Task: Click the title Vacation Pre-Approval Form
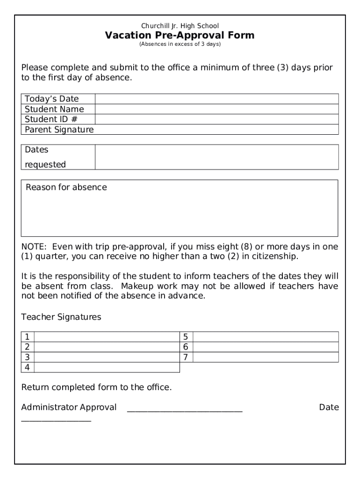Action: click(x=180, y=36)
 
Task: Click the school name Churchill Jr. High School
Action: click(x=180, y=26)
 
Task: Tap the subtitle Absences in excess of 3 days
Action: click(x=180, y=44)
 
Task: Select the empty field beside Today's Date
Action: click(x=216, y=99)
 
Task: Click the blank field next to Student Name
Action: click(x=216, y=109)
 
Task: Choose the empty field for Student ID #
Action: click(x=216, y=119)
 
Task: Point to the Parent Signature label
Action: click(x=59, y=130)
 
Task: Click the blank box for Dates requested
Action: click(x=216, y=157)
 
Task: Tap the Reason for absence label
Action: click(x=66, y=188)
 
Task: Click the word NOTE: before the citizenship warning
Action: click(x=34, y=247)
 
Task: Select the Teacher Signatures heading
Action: click(x=61, y=317)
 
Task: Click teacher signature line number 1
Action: click(x=107, y=337)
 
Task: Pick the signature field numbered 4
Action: click(x=107, y=368)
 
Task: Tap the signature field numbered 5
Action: click(x=266, y=337)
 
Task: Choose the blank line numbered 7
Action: click(x=266, y=357)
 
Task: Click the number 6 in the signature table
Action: click(x=186, y=347)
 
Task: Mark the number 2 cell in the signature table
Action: click(x=28, y=347)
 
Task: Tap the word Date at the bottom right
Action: click(x=329, y=407)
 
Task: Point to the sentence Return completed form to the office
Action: click(x=96, y=387)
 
